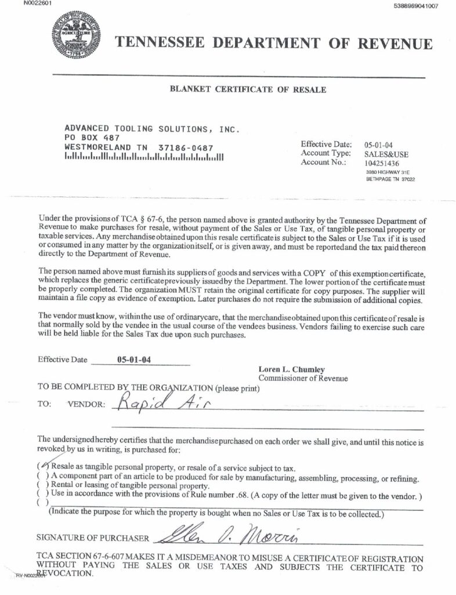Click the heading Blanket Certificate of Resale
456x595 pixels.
(x=247, y=89)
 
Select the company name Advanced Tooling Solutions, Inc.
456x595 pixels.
(x=152, y=128)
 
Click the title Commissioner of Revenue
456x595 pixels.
(x=303, y=378)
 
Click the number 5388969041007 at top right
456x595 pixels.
(x=415, y=6)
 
